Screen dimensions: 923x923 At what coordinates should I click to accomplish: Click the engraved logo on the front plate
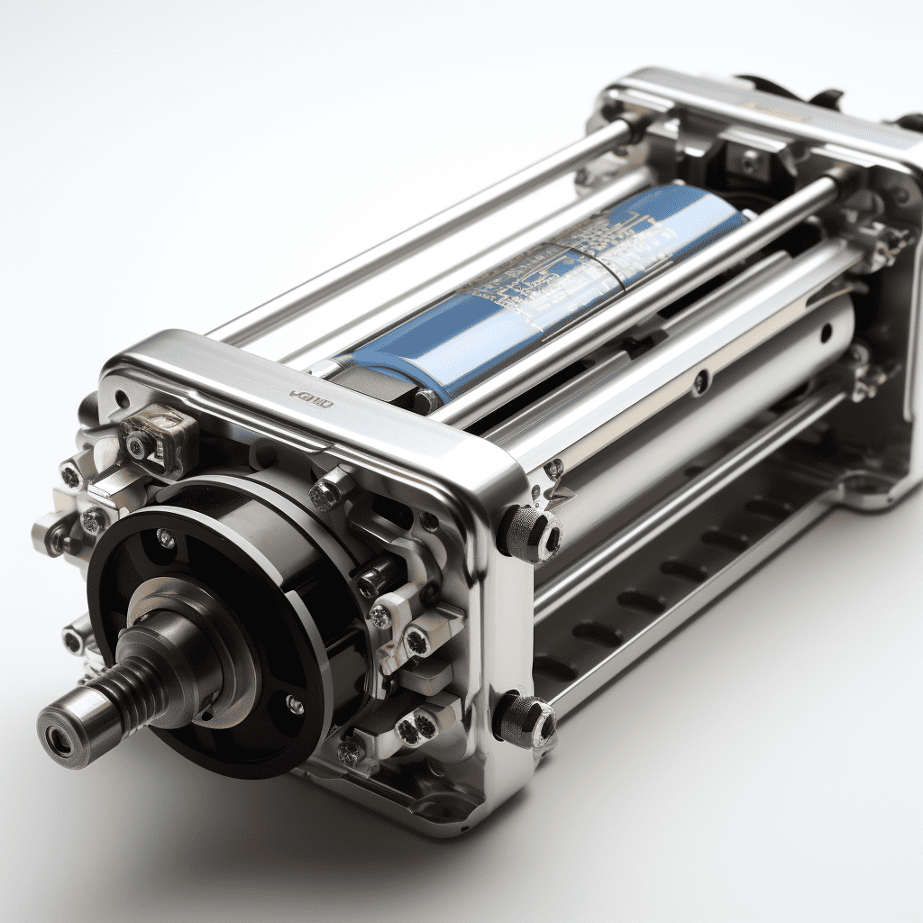coord(312,398)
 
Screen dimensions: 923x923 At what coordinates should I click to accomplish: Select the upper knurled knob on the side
coord(531,533)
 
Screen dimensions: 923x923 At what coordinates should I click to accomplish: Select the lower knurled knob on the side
coord(526,721)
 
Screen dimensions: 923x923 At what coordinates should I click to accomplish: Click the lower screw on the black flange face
coord(294,704)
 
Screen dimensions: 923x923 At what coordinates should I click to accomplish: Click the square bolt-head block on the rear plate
coord(748,162)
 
